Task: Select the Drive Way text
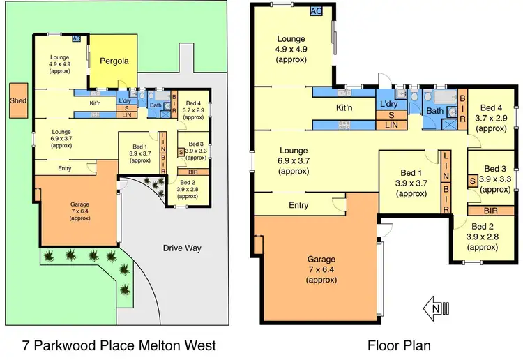pos(183,248)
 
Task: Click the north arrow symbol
pos(438,306)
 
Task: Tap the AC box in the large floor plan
pos(315,10)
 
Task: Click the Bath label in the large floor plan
pos(434,111)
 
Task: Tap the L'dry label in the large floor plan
pos(389,104)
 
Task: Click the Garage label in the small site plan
pos(75,195)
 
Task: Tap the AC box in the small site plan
pos(76,39)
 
